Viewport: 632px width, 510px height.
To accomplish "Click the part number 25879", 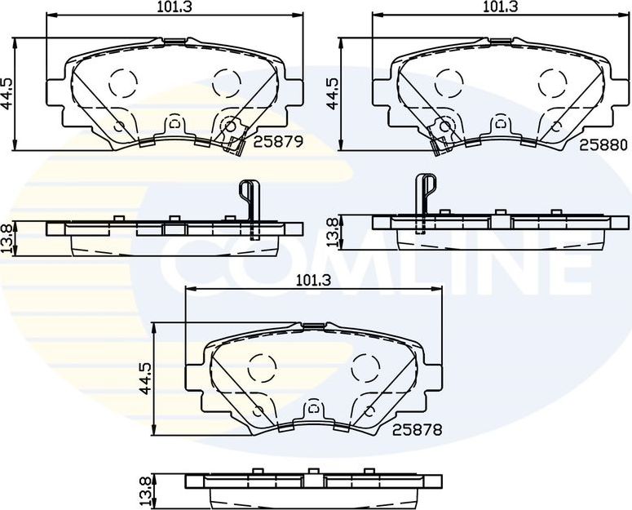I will coord(279,141).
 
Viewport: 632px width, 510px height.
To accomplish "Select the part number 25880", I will coord(603,144).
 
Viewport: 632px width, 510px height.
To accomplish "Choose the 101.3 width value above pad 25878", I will coord(312,280).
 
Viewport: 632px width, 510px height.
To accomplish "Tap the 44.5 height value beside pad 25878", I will coord(147,377).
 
